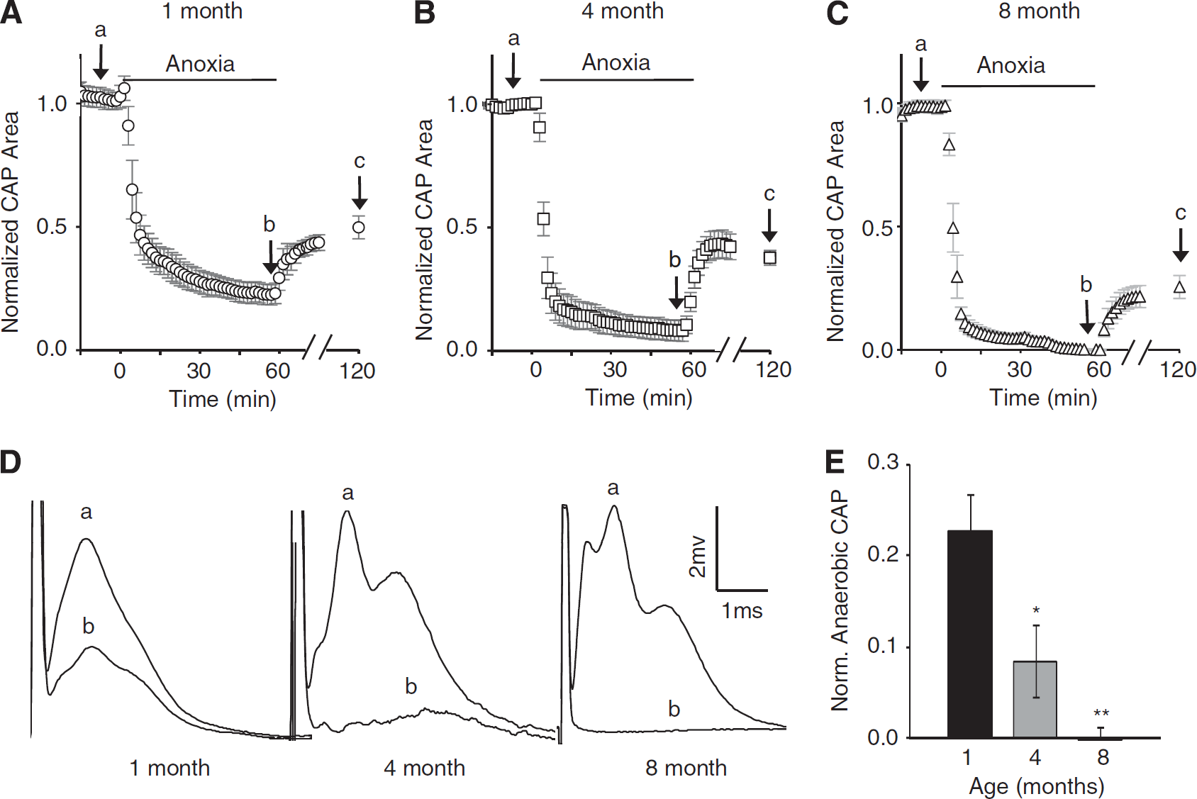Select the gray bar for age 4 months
[x=1035, y=700]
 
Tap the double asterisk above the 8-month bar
[x=1101, y=714]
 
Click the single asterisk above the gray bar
[x=1035, y=610]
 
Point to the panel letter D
[x=11, y=462]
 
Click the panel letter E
[x=835, y=462]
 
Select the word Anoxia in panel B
[x=616, y=62]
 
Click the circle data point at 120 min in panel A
[x=359, y=227]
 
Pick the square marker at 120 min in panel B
[x=769, y=258]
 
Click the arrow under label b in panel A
[x=271, y=257]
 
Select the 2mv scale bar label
[x=698, y=557]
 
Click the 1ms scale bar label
[x=742, y=610]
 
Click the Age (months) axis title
[x=1036, y=786]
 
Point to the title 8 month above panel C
[x=1039, y=11]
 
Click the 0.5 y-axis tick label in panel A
[x=52, y=226]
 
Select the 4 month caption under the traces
[x=424, y=768]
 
